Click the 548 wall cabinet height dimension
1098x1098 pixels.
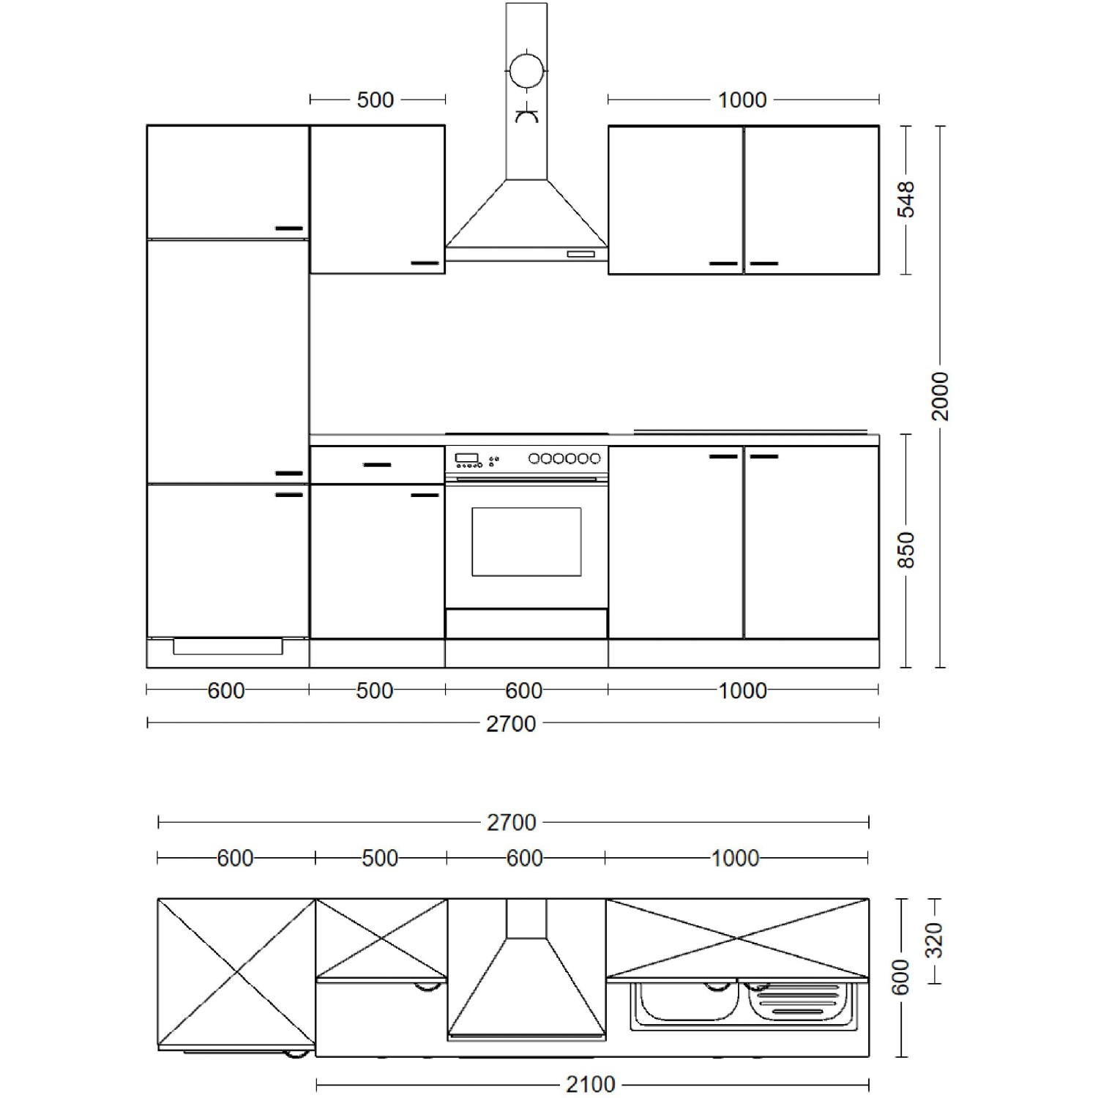pos(906,199)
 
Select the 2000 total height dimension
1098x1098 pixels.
pos(940,396)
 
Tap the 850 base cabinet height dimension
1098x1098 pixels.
pos(906,550)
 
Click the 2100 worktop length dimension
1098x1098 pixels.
pos(591,1083)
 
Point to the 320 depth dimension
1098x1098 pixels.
pos(935,941)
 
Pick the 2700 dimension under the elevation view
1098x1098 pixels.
pos(511,723)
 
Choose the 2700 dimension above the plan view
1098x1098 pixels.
pos(511,823)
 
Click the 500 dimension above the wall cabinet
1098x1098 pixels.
pos(375,100)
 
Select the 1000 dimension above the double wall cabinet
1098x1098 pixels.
pos(742,100)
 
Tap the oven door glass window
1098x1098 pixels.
pos(526,542)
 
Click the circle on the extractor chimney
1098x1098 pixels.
pos(527,72)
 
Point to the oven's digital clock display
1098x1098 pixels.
pos(466,459)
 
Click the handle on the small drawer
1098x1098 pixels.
pos(377,465)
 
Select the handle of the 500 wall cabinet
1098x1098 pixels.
pos(425,262)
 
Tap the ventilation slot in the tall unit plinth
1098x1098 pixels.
pos(228,646)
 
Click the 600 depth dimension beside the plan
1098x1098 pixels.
pos(902,976)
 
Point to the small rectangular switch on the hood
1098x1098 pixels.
pos(580,254)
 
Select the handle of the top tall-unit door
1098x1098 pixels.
pos(289,228)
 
